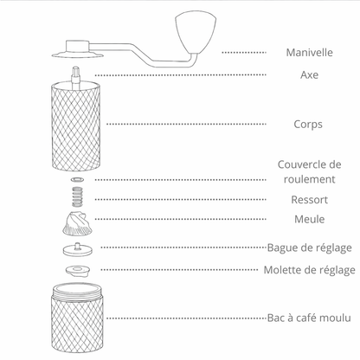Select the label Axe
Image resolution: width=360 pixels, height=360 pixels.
(x=309, y=75)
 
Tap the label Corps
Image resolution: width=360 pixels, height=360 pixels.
(x=307, y=124)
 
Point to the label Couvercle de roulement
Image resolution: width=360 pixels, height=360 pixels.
(x=309, y=171)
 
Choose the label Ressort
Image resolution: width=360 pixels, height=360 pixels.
(x=309, y=200)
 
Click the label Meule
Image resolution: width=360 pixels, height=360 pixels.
(x=309, y=219)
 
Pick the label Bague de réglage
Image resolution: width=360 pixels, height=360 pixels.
(x=309, y=247)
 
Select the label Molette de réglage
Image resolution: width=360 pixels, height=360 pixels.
(x=309, y=270)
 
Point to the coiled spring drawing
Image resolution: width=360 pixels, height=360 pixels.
(x=76, y=196)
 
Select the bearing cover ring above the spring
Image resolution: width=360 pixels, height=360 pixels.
(x=76, y=180)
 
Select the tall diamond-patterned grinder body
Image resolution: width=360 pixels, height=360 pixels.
(x=76, y=125)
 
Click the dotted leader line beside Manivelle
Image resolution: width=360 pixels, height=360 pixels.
(x=243, y=53)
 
